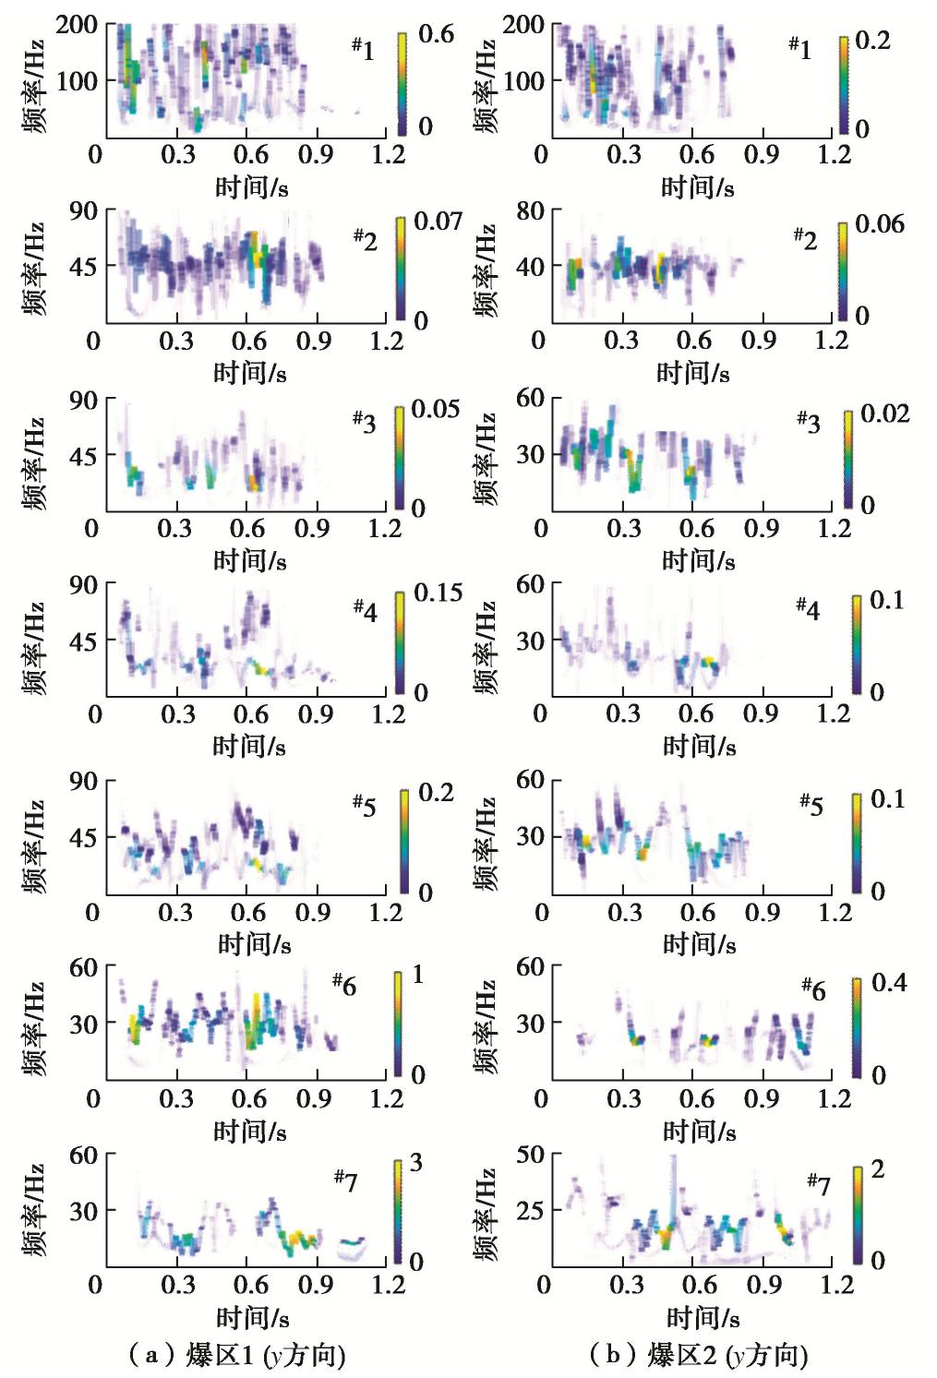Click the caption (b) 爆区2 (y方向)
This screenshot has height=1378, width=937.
[699, 1355]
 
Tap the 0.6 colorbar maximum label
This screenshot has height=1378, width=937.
[436, 34]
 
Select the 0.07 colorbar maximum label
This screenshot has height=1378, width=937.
[438, 222]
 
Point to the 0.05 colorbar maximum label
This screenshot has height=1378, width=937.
[436, 409]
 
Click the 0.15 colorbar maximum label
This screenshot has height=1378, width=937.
[438, 593]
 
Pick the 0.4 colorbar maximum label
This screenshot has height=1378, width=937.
[889, 982]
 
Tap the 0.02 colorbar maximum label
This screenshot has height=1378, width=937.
[885, 413]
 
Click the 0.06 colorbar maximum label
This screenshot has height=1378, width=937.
[880, 224]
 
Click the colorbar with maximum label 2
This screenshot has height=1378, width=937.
[858, 1213]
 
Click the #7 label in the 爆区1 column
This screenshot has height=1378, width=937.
[345, 1180]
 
